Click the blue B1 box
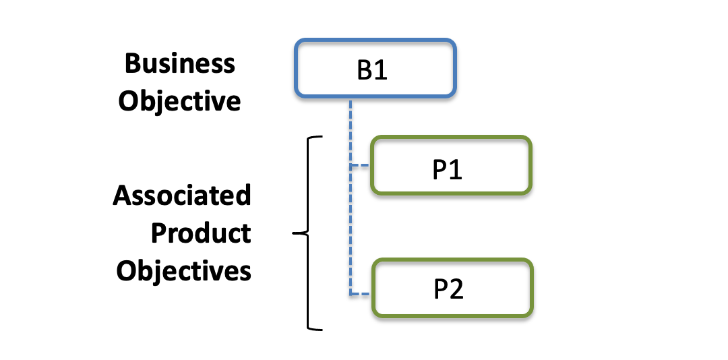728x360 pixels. [375, 68]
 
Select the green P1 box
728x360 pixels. [451, 165]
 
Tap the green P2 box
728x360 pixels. [452, 288]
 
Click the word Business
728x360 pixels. [180, 63]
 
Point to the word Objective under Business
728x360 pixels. [179, 101]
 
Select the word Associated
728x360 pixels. [181, 195]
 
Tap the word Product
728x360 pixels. [201, 233]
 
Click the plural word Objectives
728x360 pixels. [183, 270]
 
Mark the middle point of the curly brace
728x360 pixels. [293, 233]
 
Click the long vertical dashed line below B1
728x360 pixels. [351, 197]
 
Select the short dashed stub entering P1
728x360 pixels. [360, 165]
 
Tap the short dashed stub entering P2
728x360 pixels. [361, 293]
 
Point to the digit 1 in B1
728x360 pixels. [381, 71]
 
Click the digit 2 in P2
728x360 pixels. [456, 289]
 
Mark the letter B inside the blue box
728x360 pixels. [365, 71]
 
